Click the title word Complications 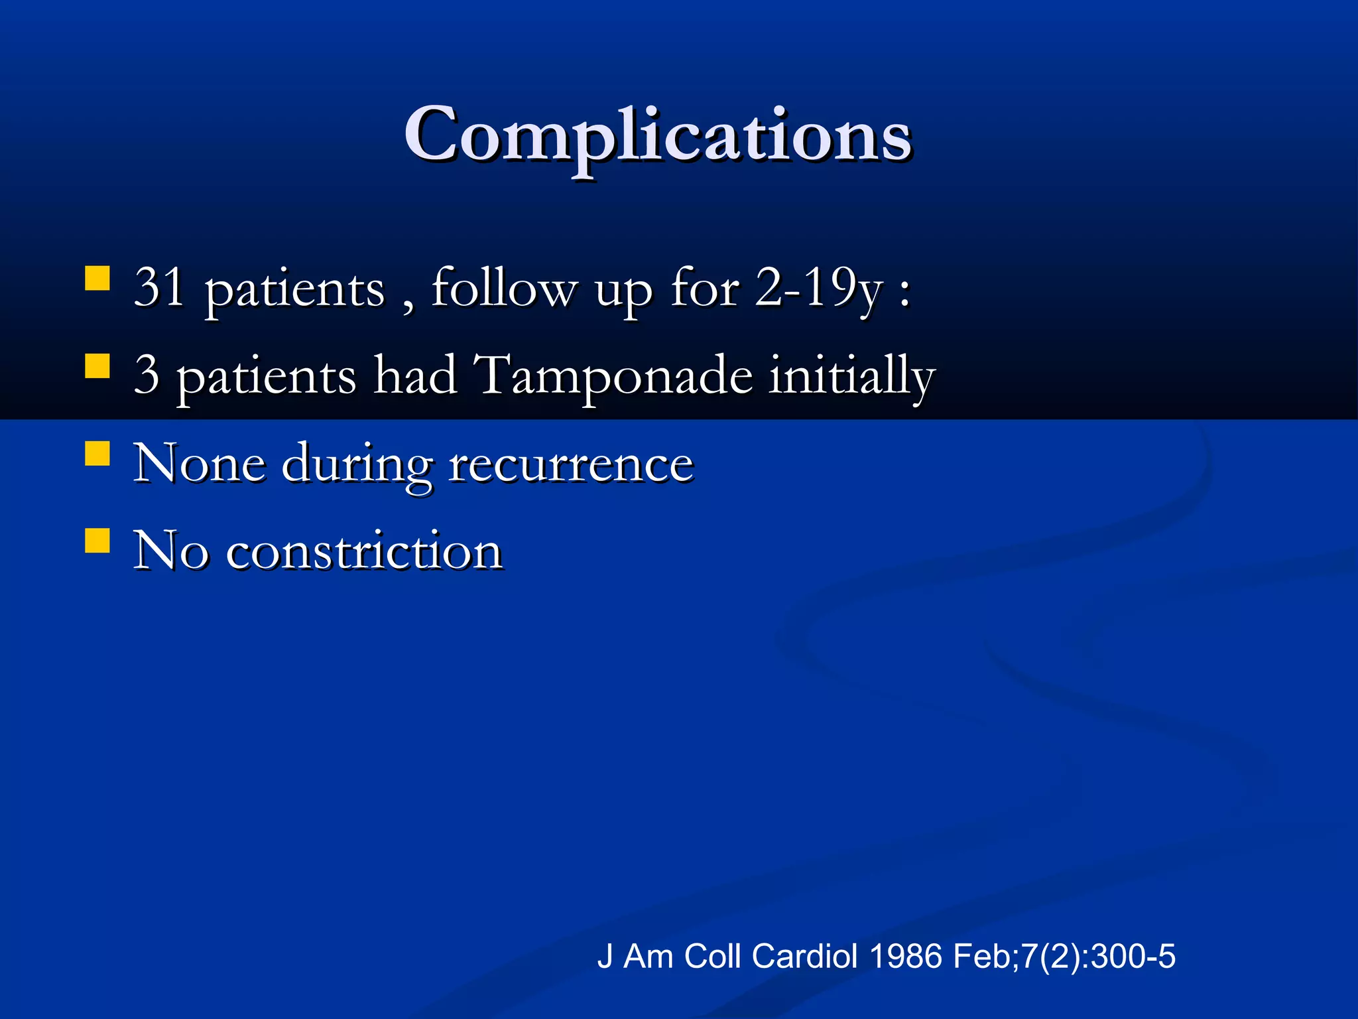(x=658, y=136)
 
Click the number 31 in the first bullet (x=159, y=287)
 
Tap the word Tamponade (x=615, y=375)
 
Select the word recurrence (x=571, y=463)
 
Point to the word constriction (x=364, y=551)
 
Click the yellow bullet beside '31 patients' (x=97, y=279)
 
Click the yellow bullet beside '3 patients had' (x=97, y=366)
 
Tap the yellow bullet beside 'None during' (x=97, y=454)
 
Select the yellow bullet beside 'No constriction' (x=97, y=540)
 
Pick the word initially (x=851, y=375)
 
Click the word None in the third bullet (x=200, y=463)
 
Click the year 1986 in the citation (x=905, y=957)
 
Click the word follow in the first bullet (x=504, y=288)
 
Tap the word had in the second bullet (x=415, y=375)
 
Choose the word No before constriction (x=170, y=551)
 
